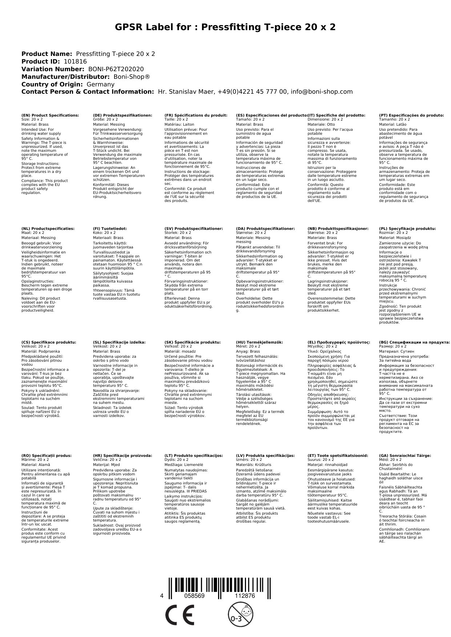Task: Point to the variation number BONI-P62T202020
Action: (116, 69)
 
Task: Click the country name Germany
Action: (100, 84)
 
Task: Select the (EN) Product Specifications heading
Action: (50, 115)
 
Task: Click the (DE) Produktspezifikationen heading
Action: (122, 115)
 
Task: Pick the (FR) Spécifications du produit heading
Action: (196, 115)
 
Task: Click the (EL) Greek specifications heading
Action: (339, 342)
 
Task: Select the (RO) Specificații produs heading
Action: (47, 455)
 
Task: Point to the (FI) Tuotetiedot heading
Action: (110, 229)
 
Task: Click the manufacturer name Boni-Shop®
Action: (132, 77)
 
